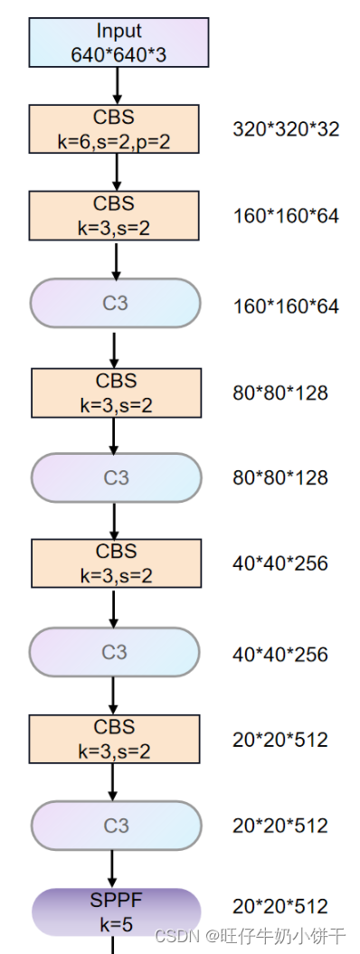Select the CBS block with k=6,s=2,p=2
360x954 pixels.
114,128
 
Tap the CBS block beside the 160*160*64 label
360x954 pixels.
114,215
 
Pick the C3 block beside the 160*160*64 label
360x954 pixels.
115,303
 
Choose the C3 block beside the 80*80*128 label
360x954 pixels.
116,477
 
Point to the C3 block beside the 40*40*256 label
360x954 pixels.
114,652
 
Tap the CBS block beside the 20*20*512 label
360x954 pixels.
114,739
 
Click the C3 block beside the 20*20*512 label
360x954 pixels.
116,825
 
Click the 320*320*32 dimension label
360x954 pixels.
286,129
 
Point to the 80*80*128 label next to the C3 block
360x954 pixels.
280,477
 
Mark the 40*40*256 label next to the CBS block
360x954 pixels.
280,563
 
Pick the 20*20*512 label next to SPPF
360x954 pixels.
280,906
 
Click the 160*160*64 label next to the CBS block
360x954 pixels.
286,217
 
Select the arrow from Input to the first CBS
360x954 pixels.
117,86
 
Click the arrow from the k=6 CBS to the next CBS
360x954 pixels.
115,172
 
